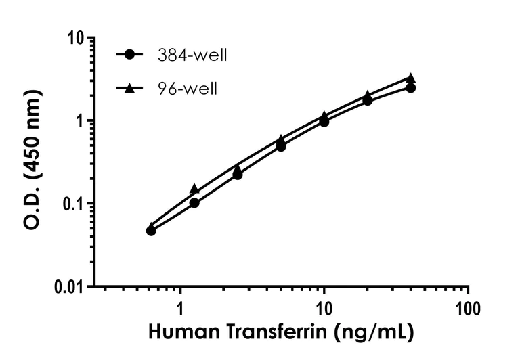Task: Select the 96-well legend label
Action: (185, 89)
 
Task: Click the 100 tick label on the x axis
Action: (468, 309)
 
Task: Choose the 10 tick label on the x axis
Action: (324, 309)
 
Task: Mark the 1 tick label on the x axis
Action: (180, 309)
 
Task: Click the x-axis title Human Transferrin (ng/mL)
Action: (278, 333)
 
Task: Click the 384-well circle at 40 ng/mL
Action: (411, 88)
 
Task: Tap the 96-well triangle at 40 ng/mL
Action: (411, 78)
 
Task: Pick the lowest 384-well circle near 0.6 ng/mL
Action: (151, 231)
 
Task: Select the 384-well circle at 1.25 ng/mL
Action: (194, 203)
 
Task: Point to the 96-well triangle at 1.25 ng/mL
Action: (194, 189)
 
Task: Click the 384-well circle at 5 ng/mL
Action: (281, 146)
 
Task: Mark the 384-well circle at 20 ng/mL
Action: (368, 100)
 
